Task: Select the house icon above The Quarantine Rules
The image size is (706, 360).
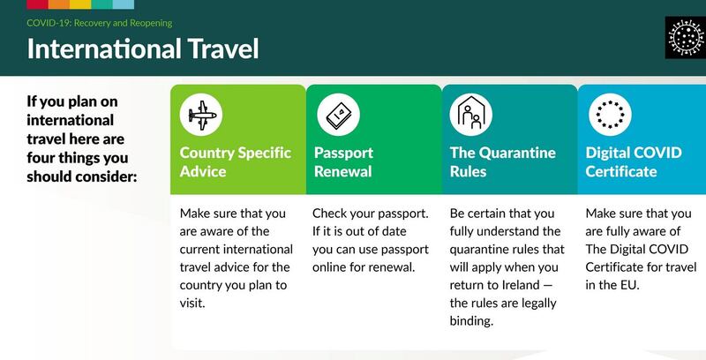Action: pos(470,114)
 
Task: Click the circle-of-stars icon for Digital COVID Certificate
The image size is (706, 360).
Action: pos(606,114)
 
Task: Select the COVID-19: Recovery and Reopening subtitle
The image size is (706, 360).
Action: pos(99,21)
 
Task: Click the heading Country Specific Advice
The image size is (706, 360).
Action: pos(235,161)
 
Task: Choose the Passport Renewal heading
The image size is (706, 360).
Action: pos(344,161)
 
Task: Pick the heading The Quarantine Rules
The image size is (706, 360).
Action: pos(502,161)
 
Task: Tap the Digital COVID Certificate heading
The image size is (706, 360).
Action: pos(634,161)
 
